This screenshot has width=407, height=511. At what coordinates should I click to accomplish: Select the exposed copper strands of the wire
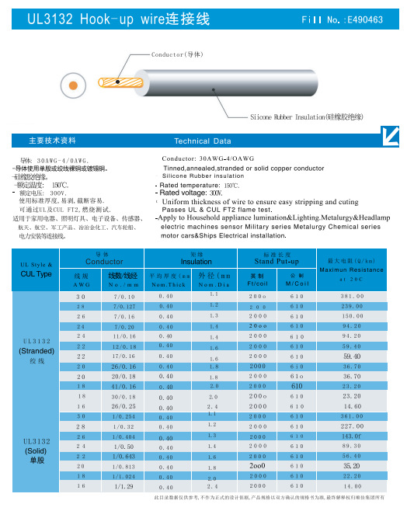124,79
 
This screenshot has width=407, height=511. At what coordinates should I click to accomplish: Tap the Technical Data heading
203,141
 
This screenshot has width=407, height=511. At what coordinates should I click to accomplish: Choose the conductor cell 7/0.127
124,307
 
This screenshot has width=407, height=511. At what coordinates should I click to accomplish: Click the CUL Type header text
36,274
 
